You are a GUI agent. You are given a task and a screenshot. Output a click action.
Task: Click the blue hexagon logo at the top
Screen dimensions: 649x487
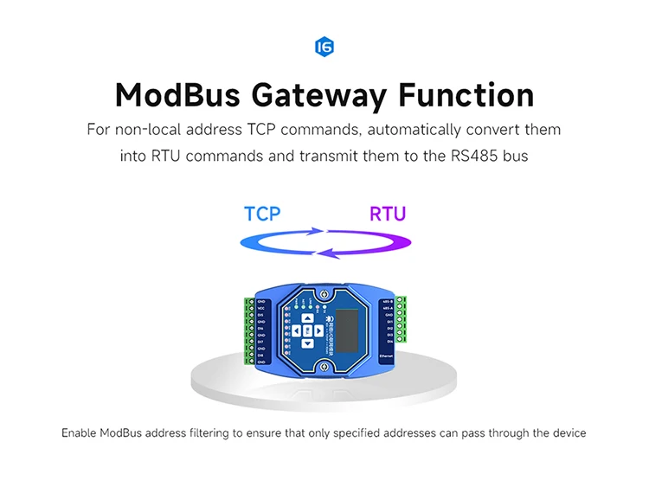coord(324,47)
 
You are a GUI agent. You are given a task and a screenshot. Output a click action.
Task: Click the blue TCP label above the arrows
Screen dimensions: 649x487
coord(262,214)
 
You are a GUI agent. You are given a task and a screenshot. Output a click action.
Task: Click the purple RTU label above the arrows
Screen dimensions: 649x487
coord(387,214)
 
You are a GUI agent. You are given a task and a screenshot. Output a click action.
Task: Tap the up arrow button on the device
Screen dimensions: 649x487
coord(307,317)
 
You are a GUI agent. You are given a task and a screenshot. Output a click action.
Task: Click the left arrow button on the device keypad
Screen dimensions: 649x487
coord(295,330)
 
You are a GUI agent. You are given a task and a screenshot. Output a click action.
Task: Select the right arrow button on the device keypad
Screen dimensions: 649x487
coord(319,330)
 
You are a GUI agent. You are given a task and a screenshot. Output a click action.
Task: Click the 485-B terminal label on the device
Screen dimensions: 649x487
coord(387,302)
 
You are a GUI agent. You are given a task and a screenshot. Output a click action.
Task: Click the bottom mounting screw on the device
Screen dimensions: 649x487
coord(324,369)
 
